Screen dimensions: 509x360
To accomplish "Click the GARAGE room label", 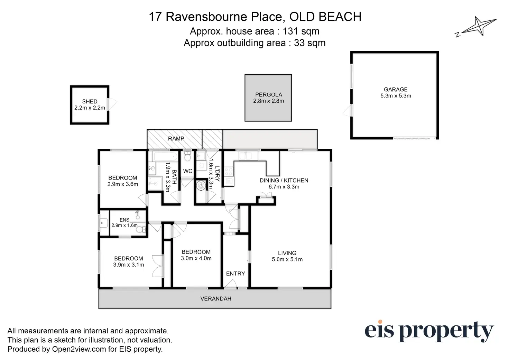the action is click(396, 89).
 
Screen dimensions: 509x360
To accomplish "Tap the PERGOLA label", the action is click(268, 94).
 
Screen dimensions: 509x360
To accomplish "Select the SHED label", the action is click(90, 101).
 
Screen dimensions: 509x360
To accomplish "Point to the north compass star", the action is click(479, 26).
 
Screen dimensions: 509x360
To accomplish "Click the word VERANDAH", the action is click(216, 298).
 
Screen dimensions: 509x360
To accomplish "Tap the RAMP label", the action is click(176, 138).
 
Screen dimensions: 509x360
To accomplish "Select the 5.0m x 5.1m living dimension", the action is click(287, 259).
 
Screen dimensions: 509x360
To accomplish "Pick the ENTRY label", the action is click(235, 274).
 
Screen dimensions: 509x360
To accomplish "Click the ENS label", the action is click(124, 220).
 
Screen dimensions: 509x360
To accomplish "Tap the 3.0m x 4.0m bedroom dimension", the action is click(196, 258).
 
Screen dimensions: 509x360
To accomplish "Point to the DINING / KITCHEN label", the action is click(284, 180).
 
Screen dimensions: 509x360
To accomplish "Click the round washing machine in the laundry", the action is click(201, 186).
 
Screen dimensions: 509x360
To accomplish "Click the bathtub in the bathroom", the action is click(166, 156).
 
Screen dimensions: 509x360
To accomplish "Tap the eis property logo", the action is click(429, 331).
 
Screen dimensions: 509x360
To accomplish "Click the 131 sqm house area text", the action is click(301, 31).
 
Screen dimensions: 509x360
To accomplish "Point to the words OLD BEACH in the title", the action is click(325, 17).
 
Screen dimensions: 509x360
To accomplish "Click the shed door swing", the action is click(112, 104).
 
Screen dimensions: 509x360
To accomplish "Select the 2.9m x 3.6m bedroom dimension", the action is click(123, 184).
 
